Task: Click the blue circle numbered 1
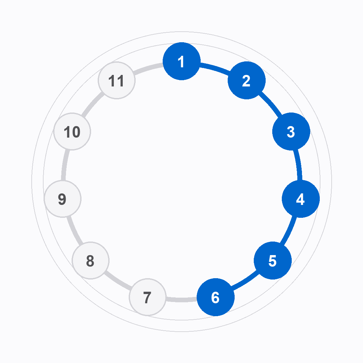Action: [182, 61]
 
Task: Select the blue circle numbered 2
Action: [247, 80]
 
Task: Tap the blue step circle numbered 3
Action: [291, 131]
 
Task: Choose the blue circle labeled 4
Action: [301, 199]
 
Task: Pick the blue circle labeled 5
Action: [273, 260]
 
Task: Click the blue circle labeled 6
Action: [215, 297]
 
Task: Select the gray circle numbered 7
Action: [148, 297]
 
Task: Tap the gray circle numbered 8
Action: [90, 260]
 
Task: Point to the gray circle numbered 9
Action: [62, 199]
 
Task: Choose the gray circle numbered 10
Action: [72, 131]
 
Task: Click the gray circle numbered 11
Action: [116, 80]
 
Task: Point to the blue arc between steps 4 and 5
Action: [289, 231]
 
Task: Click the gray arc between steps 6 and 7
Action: [182, 300]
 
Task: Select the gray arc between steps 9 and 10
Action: [65, 165]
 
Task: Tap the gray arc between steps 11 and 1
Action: [148, 69]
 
